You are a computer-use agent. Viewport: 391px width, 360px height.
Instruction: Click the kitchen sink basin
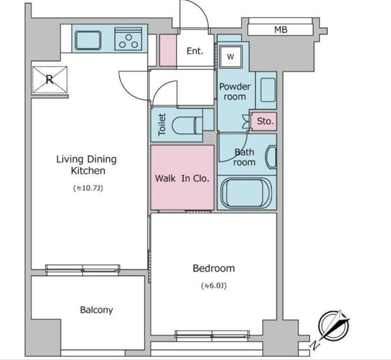(x=88, y=40)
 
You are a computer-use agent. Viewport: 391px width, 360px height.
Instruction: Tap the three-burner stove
(x=128, y=39)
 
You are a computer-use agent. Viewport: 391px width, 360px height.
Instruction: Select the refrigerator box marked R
(x=50, y=80)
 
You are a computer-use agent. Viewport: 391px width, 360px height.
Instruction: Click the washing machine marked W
(x=231, y=57)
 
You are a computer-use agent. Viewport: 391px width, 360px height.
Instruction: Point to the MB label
(x=281, y=30)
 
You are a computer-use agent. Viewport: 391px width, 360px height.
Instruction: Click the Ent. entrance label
(x=195, y=51)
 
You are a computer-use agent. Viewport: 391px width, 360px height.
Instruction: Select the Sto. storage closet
(x=264, y=121)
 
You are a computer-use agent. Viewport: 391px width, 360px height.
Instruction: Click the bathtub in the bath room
(x=246, y=193)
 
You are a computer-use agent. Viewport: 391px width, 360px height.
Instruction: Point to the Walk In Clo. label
(x=182, y=178)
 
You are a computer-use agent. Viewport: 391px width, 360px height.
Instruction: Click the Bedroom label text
(x=214, y=268)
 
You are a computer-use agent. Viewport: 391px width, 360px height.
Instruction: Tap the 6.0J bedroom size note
(x=214, y=286)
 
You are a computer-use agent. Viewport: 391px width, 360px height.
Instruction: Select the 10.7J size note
(x=88, y=188)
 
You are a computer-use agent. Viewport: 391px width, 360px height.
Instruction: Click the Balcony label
(x=96, y=310)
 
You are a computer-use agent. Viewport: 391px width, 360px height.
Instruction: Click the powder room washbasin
(x=268, y=90)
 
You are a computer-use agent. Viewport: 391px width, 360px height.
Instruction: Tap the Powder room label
(x=235, y=91)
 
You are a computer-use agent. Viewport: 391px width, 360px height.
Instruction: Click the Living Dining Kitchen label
(x=87, y=165)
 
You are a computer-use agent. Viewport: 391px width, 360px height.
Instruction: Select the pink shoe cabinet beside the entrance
(x=168, y=50)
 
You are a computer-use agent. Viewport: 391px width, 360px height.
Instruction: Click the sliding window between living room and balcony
(x=83, y=270)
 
